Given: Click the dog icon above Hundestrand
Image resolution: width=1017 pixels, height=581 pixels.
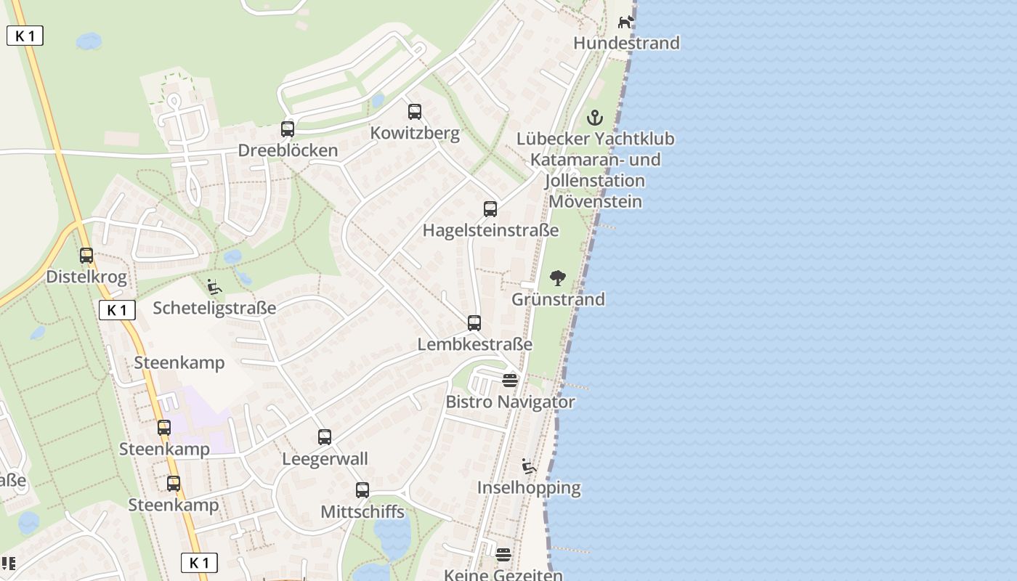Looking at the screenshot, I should tap(625, 22).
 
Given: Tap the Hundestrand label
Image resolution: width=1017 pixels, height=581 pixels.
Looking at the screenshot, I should tap(626, 43).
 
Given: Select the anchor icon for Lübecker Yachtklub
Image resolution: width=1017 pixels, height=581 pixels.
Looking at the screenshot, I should tap(595, 118).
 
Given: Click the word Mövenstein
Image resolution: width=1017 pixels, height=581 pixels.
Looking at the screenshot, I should tap(595, 201).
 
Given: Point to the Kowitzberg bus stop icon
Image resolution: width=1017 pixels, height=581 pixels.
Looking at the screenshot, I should tap(415, 112).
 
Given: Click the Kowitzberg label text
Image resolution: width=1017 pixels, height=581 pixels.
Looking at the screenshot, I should tap(415, 133).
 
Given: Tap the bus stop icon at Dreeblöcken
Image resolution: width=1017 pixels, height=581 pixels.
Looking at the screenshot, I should tap(288, 129).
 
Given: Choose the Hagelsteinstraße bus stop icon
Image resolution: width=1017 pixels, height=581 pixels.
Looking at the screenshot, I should tap(490, 209).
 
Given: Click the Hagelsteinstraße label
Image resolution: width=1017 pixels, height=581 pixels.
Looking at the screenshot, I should tap(490, 230).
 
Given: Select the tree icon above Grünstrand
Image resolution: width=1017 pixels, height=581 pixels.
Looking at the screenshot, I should tap(558, 278).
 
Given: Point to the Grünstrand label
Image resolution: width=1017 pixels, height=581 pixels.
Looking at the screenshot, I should tap(558, 299).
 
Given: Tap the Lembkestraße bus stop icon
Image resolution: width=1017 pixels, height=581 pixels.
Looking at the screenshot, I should tap(474, 323).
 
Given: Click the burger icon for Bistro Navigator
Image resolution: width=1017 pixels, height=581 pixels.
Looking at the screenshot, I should tap(510, 380).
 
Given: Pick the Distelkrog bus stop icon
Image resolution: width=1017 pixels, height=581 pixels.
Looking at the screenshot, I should tap(86, 256).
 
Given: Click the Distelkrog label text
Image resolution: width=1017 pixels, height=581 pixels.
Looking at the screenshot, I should tap(86, 277).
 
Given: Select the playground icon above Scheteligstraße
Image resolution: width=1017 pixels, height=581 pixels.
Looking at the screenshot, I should tap(214, 287).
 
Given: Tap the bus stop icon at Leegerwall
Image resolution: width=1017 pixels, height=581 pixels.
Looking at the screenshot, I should tap(325, 437).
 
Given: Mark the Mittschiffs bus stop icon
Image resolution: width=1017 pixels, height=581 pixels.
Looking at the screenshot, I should tap(362, 490).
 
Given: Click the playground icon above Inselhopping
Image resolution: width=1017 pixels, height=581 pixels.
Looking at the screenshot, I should tap(529, 466).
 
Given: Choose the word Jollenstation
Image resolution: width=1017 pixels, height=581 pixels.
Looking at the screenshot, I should tap(594, 180).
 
